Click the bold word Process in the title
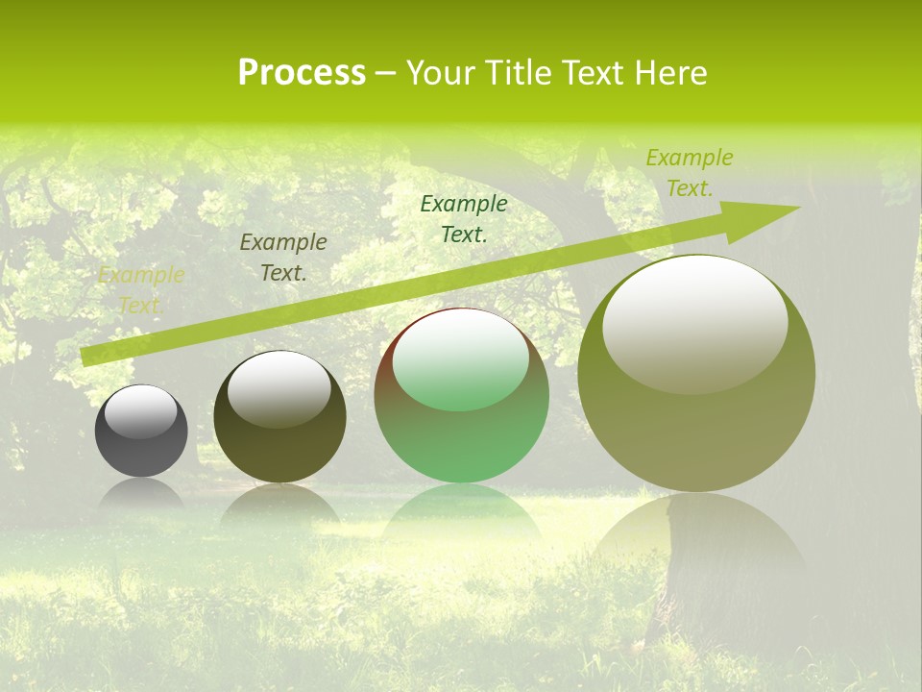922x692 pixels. click(x=302, y=73)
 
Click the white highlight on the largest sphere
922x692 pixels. click(x=695, y=322)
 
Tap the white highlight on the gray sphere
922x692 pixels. click(x=141, y=411)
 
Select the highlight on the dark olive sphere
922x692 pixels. click(x=279, y=387)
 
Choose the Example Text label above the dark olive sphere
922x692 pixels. click(x=283, y=258)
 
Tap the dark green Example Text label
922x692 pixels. click(x=464, y=218)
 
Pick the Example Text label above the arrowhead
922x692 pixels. click(x=689, y=173)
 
